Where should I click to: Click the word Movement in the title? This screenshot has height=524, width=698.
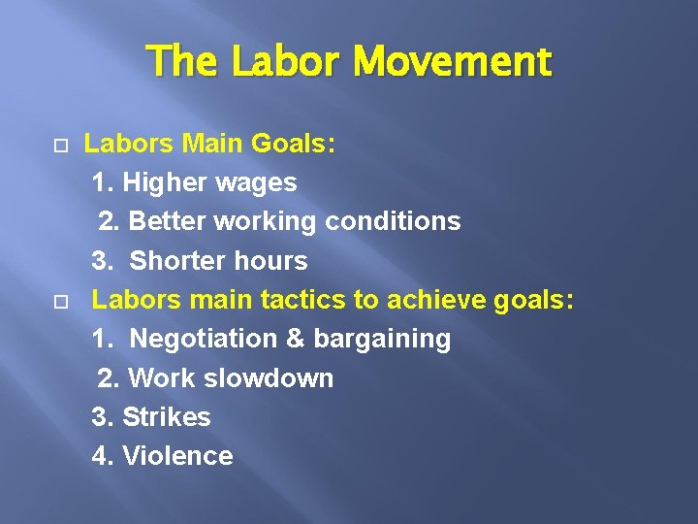coord(452,62)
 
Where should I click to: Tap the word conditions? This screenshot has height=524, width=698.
coord(393,221)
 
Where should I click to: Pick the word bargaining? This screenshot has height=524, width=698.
coord(380,339)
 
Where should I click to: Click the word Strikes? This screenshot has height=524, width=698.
coord(166,417)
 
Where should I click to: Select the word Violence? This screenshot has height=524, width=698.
coord(177,456)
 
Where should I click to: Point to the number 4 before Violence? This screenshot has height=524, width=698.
coord(100,456)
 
